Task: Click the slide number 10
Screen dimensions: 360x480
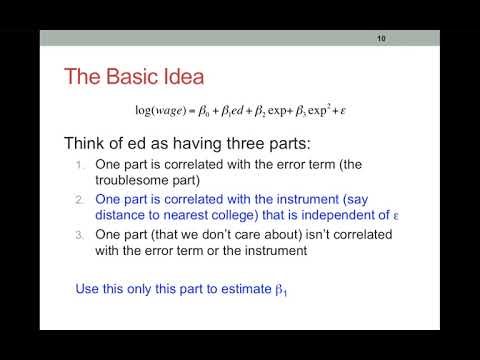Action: [381, 39]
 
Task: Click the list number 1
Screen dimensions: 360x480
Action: [82, 164]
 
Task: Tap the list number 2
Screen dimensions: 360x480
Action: [82, 200]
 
